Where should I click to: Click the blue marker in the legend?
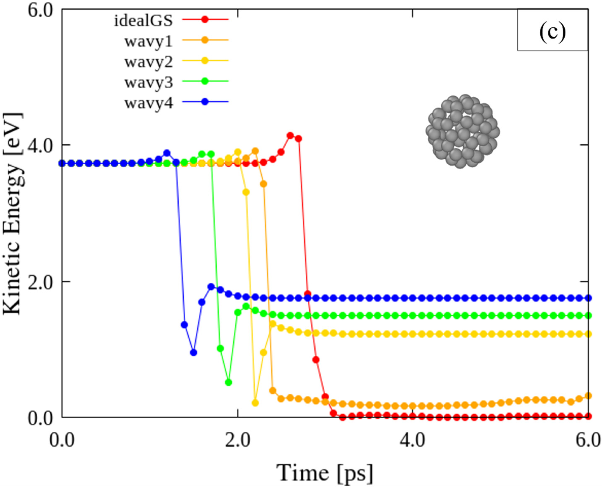point(205,102)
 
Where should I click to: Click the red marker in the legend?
point(205,19)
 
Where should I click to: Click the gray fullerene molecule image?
point(462,132)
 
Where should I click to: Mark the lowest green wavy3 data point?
point(229,382)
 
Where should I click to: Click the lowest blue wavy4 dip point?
point(193,352)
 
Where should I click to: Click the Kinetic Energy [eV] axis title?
point(13,214)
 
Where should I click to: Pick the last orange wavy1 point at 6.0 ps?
point(588,396)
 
